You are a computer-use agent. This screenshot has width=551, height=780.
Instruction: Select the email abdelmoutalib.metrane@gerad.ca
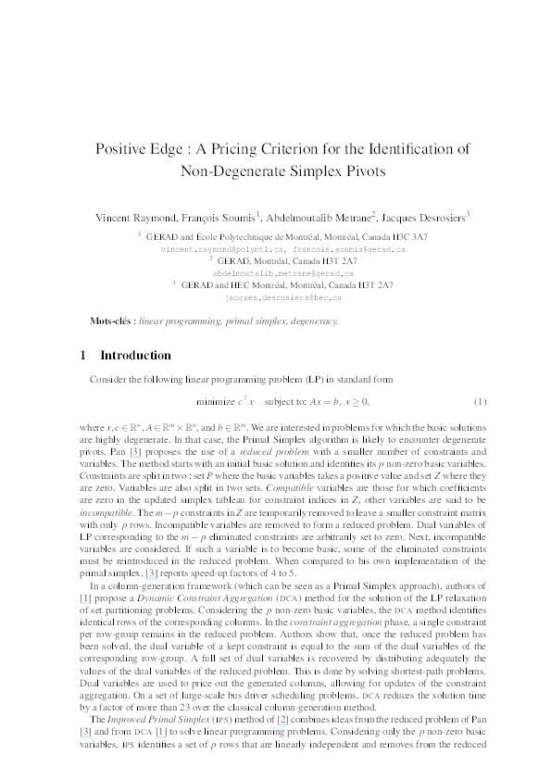pyautogui.click(x=276, y=274)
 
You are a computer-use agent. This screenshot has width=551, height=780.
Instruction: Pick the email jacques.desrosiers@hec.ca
pyautogui.click(x=276, y=298)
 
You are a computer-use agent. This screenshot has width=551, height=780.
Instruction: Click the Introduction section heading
pyautogui.click(x=135, y=355)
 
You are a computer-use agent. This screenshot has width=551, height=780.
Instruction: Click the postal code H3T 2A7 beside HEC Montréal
pyautogui.click(x=373, y=286)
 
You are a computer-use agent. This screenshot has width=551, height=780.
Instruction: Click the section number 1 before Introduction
pyautogui.click(x=83, y=355)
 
